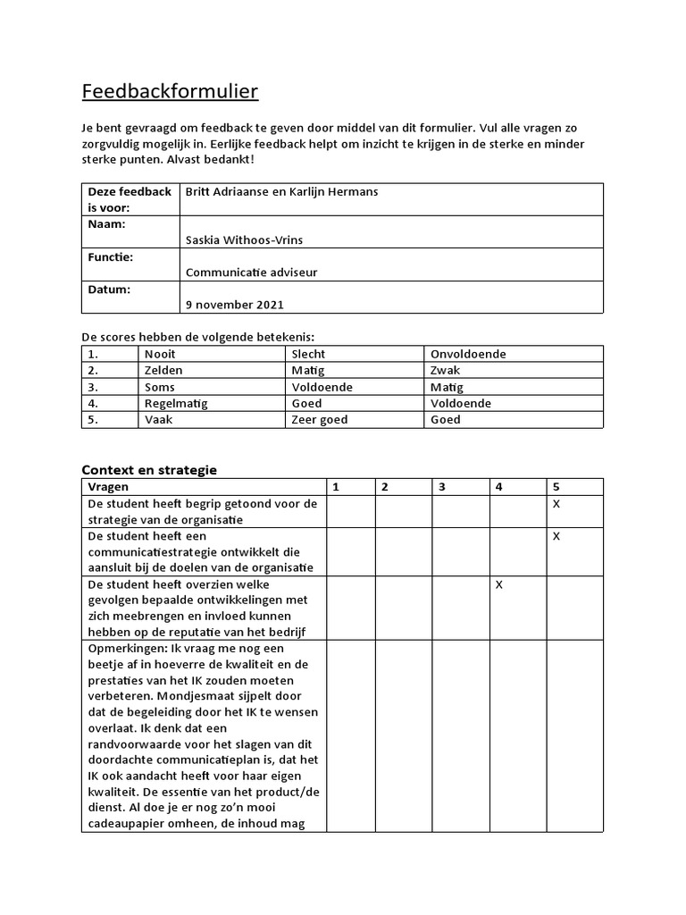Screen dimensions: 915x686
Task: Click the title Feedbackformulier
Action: pos(170,92)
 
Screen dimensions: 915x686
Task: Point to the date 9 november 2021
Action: pos(234,305)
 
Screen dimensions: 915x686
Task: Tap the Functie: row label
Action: pos(110,257)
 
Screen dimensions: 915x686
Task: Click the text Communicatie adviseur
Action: pos(251,273)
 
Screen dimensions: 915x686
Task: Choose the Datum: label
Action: pos(109,290)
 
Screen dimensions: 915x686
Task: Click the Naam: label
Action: pos(106,224)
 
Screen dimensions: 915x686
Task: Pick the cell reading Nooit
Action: pos(160,354)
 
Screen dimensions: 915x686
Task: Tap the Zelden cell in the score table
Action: pos(163,370)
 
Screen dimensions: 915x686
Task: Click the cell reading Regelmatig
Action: pos(175,403)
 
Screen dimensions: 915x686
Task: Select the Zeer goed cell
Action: pos(319,419)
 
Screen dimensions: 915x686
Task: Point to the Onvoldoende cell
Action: pos(468,354)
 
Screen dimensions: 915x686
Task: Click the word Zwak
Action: pos(446,370)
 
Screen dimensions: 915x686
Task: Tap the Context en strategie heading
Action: pos(149,469)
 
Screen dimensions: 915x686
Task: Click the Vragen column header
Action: pos(108,487)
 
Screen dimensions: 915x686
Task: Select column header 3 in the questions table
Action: pos(441,487)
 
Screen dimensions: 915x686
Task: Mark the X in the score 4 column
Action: pos(499,584)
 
